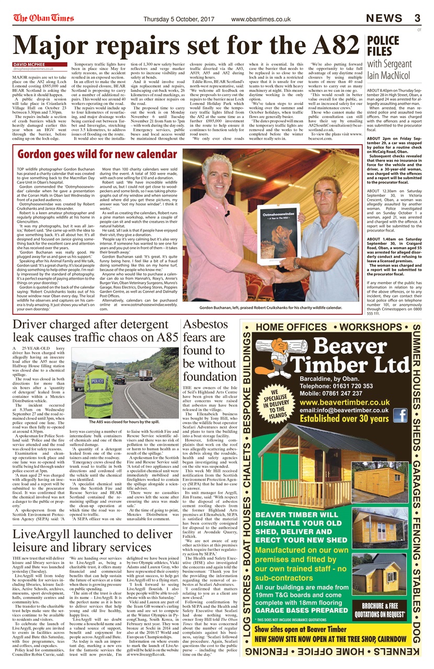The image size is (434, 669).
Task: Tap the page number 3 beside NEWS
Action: click(x=417, y=19)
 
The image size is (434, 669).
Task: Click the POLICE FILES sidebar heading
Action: click(x=383, y=47)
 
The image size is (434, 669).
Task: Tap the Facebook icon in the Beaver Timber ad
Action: click(x=400, y=416)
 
